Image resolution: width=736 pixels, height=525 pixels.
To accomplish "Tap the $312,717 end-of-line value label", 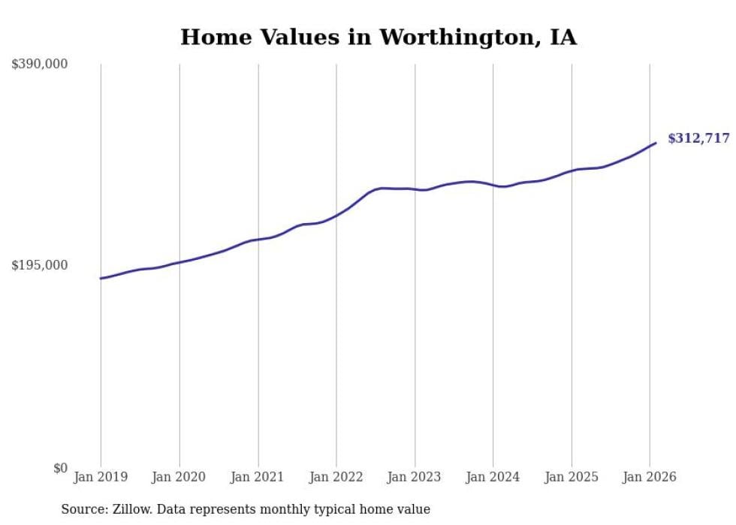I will click(x=698, y=138).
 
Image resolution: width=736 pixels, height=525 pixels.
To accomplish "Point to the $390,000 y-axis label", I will click(x=39, y=65).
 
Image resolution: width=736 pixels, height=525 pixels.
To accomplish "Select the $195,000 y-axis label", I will click(x=39, y=265).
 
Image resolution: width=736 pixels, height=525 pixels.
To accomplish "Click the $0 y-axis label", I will click(x=60, y=468).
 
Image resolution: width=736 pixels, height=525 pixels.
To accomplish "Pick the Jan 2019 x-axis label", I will click(x=101, y=477).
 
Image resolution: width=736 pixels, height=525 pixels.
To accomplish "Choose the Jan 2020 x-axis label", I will click(x=179, y=477).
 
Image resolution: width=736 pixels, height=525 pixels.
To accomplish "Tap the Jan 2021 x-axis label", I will click(x=258, y=477).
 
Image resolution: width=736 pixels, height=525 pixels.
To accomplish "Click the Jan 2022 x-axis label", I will click(x=336, y=477).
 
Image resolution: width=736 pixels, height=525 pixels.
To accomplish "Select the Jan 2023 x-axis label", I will click(x=415, y=477).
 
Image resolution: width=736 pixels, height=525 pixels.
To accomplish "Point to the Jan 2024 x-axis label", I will click(x=493, y=477).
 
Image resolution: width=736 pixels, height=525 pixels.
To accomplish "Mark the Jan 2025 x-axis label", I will click(x=572, y=477).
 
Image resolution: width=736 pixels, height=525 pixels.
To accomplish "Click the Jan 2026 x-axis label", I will click(x=650, y=477).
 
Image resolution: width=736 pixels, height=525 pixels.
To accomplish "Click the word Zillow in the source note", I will click(x=131, y=509).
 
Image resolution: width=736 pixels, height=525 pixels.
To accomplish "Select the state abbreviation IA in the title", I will click(x=563, y=38).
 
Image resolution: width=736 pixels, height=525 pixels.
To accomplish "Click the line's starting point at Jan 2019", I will click(x=101, y=278).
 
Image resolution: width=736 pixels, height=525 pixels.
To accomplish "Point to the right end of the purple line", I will click(x=656, y=143).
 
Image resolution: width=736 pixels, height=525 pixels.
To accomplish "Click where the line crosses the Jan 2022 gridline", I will click(x=336, y=216).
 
